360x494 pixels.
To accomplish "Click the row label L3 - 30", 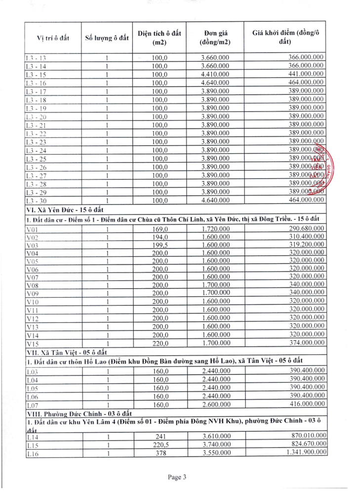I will click(36, 200).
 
